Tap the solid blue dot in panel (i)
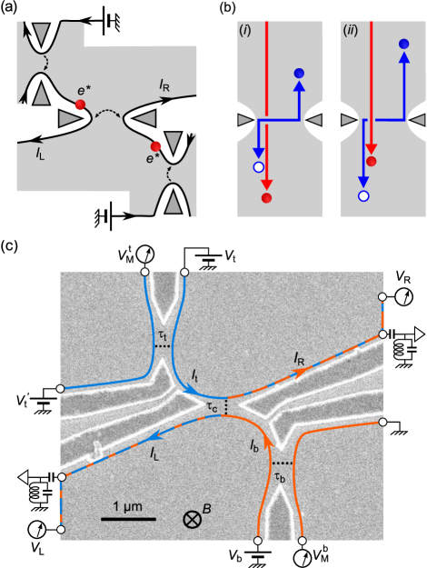(x=300, y=73)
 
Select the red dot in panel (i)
(x=266, y=198)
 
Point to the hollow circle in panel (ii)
(x=364, y=195)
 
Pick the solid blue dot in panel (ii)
(x=402, y=43)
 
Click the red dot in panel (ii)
(x=372, y=161)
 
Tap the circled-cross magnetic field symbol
(x=193, y=519)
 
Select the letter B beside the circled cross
(x=207, y=510)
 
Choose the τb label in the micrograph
(x=281, y=475)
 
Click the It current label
(x=196, y=374)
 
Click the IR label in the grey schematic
(x=164, y=86)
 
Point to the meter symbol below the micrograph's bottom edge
(x=302, y=556)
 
